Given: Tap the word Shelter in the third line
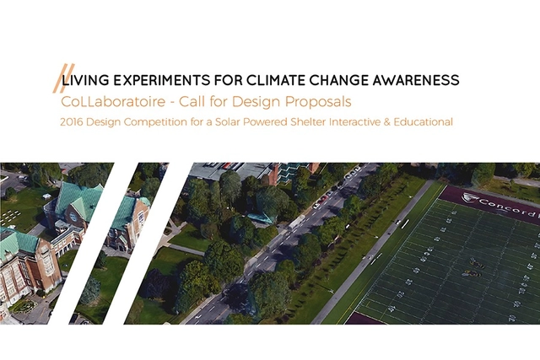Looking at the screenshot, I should tap(329, 122).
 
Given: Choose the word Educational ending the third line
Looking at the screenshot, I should tap(424, 122).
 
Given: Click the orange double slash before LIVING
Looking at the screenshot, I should tap(59, 78).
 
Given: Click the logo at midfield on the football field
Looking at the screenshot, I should tap(472, 272).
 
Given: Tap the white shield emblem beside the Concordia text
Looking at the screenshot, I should tap(468, 198).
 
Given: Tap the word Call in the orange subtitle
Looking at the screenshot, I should tap(212, 101).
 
